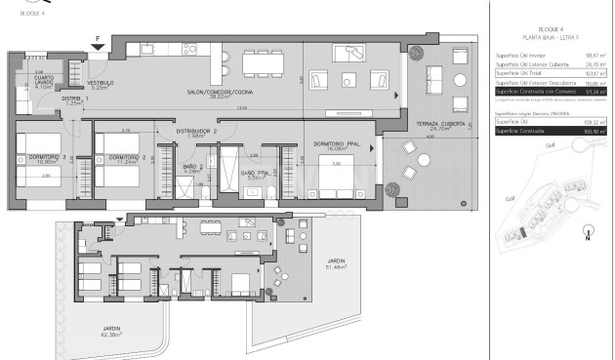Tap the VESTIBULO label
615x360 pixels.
pos(102,85)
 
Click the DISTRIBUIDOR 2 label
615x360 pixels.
pos(196,132)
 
